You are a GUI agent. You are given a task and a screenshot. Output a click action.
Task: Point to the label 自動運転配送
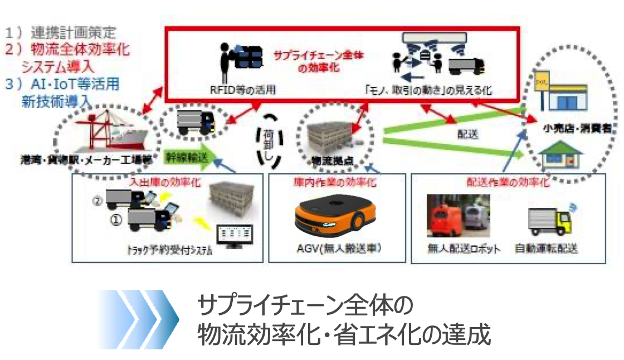pos(546,248)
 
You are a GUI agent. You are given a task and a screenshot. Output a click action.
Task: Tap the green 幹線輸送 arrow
pos(188,157)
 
